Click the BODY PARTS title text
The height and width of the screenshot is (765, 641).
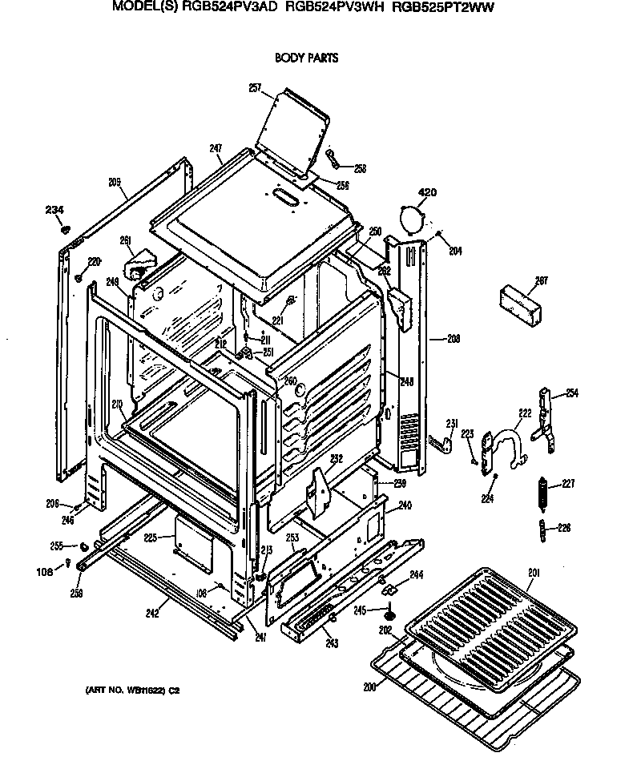[306, 58]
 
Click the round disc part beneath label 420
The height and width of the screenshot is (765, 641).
[410, 217]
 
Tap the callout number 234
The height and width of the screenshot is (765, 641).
[54, 210]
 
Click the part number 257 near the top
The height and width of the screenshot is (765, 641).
[256, 88]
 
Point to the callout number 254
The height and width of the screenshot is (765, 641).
[571, 393]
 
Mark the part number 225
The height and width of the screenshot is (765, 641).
[150, 538]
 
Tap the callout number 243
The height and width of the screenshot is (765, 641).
[331, 643]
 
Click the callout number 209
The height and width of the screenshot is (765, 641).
[115, 183]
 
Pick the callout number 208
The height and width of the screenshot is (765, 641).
[454, 339]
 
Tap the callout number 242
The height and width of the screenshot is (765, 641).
[152, 614]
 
